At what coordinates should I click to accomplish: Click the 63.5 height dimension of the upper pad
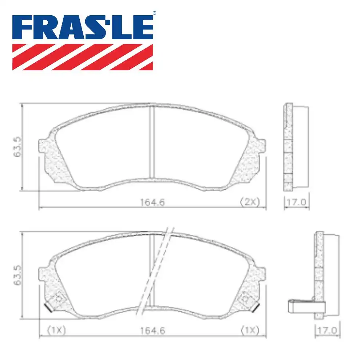(16, 147)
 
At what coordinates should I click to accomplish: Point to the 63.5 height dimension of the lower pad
(16, 276)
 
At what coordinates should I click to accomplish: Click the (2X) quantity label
(249, 202)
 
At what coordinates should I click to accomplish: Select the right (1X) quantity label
(249, 331)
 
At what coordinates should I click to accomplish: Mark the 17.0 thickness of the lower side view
(327, 331)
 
